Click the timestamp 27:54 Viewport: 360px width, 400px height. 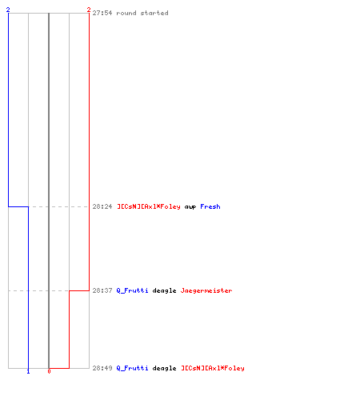point(102,13)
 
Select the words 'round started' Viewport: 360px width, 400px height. point(142,13)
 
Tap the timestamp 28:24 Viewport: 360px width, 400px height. point(102,206)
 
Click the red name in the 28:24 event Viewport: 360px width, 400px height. point(149,206)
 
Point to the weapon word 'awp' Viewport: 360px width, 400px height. point(190,207)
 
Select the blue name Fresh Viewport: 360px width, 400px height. point(210,206)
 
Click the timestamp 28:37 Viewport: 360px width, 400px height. point(102,290)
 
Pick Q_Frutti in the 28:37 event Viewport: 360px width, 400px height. point(132,290)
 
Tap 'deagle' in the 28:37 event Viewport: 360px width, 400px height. point(164,290)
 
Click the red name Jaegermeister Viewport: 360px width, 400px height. point(206,290)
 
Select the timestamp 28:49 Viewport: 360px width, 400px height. point(102,368)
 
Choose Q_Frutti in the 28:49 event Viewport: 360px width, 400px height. point(132,368)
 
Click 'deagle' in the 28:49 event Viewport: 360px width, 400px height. point(164,368)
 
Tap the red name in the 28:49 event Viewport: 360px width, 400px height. point(213,368)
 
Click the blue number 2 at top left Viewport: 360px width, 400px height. point(8,10)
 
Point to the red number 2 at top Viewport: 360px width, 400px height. point(89,10)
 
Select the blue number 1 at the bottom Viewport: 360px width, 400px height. point(28,371)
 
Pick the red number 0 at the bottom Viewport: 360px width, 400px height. point(49,371)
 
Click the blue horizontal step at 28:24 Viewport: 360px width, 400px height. point(18,206)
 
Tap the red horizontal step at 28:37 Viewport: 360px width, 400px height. point(79,290)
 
